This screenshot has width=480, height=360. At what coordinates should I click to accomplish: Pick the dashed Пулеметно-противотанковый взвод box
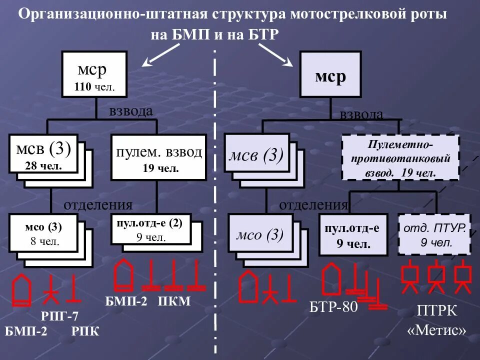tap(400, 157)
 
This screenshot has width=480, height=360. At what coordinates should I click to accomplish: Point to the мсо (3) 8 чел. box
tap(43, 234)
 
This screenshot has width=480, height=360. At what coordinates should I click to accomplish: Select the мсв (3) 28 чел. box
tap(43, 153)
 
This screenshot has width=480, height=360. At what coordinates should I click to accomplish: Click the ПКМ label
tap(174, 301)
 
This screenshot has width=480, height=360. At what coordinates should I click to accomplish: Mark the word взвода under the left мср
tap(131, 111)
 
